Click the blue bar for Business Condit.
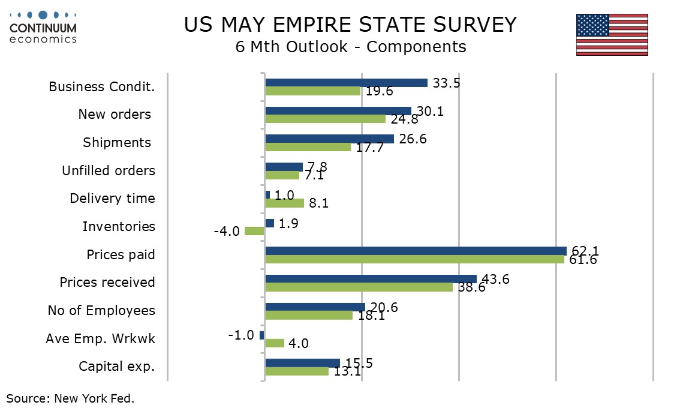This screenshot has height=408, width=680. tap(346, 83)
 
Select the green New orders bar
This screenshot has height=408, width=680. tap(325, 119)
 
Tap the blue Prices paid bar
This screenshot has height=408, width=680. tap(416, 251)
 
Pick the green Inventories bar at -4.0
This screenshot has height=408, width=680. tap(255, 231)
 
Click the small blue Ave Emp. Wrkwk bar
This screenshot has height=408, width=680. tap(262, 335)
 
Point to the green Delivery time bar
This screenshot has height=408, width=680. tap(284, 203)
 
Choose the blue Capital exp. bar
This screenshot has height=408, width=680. tap(302, 363)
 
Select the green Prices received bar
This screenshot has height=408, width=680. tap(359, 287)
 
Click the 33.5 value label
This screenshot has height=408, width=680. tap(446, 83)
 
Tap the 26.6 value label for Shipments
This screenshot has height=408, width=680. tap(413, 139)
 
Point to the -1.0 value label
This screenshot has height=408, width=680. tap(241, 335)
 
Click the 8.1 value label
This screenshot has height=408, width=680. tap(319, 203)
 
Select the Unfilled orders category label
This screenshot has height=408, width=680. tap(109, 170)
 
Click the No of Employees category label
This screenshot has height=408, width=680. tap(101, 310)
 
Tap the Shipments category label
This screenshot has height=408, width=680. tap(117, 142)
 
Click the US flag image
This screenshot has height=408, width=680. tap(612, 35)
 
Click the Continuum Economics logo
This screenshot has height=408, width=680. tap(43, 28)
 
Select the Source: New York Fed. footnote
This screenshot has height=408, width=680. tap(70, 398)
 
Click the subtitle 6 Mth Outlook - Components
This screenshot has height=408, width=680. tap(351, 47)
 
